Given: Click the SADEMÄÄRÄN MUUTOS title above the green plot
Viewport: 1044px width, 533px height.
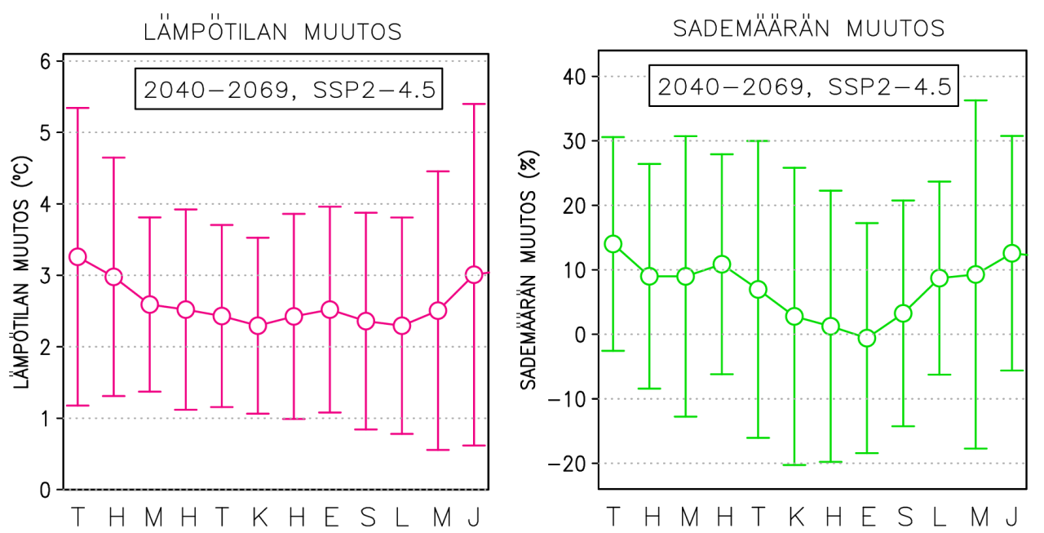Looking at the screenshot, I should click(x=808, y=29).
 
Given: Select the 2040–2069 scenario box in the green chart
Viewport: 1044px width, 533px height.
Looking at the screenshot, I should click(x=805, y=86).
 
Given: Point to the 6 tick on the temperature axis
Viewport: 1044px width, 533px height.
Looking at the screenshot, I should click(x=46, y=61).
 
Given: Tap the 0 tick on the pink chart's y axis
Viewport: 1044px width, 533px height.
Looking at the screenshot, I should click(x=46, y=490).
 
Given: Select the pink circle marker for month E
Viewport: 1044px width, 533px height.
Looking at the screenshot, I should click(x=330, y=309).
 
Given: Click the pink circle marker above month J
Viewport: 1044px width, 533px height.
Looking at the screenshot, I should click(x=474, y=275).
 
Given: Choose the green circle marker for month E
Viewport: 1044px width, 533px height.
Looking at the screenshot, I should click(x=867, y=338).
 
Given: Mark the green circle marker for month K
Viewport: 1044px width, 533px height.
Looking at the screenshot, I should click(x=794, y=317).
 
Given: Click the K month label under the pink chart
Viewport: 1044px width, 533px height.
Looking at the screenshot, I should click(x=258, y=517).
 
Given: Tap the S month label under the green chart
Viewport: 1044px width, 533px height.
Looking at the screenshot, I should click(x=904, y=517).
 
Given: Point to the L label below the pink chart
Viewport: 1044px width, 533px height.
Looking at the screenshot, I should click(x=401, y=517).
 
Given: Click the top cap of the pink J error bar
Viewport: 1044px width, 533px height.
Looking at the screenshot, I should click(x=474, y=104).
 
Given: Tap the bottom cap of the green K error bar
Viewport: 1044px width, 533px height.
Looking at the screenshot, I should click(x=794, y=465).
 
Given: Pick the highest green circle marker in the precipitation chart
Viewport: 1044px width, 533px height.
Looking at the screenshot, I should click(x=613, y=244).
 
